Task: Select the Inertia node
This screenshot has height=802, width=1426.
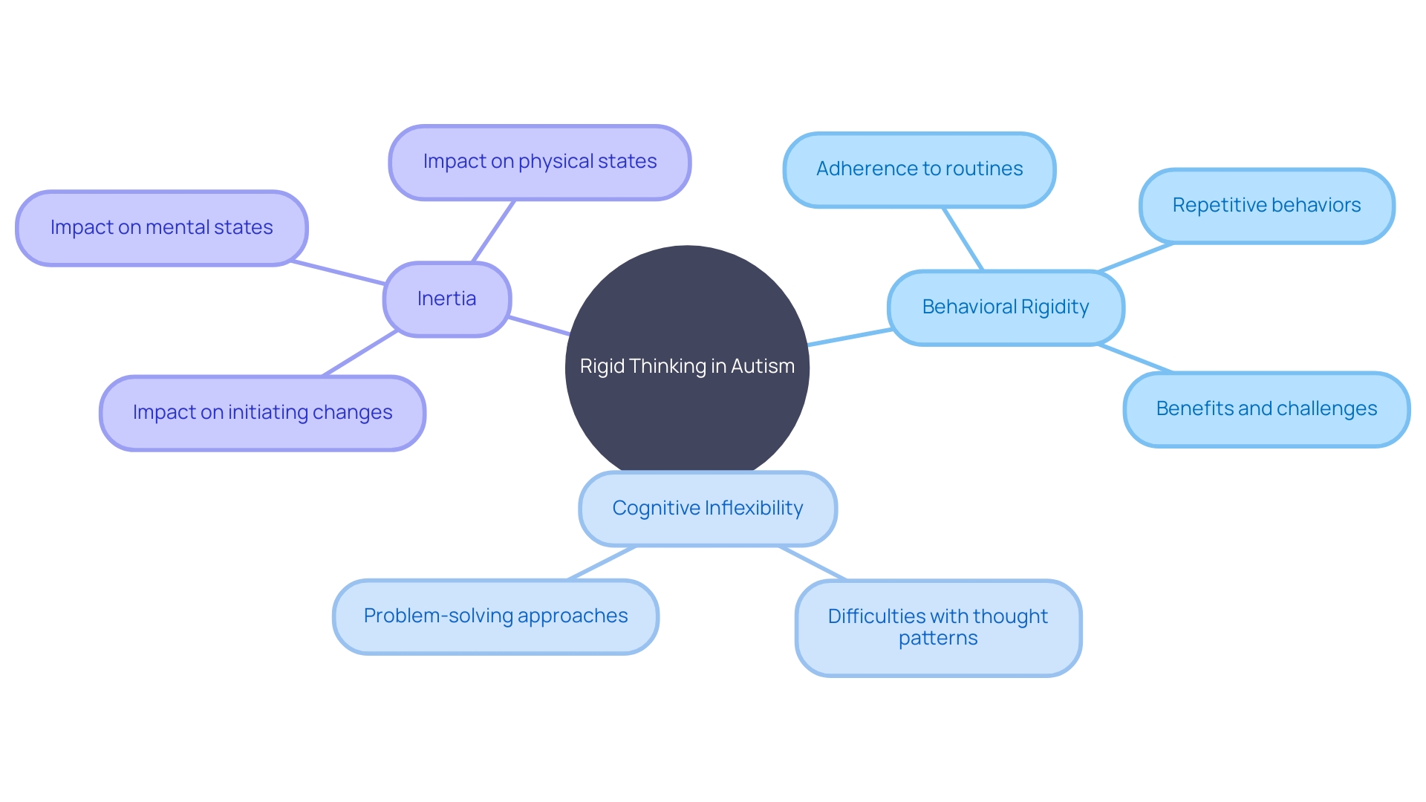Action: (446, 299)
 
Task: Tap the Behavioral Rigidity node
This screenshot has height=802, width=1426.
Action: (1006, 307)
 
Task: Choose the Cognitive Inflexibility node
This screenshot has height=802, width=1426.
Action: (707, 508)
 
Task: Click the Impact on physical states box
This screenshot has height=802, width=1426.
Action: (540, 162)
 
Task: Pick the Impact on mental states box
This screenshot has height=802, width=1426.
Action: (161, 227)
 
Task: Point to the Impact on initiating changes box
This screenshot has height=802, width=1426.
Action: (262, 412)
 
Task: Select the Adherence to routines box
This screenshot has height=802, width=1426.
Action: (919, 169)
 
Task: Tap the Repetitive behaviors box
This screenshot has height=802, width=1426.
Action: (1266, 206)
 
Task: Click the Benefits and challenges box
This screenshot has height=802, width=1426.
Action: (1266, 408)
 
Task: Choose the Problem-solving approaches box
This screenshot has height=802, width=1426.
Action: (495, 616)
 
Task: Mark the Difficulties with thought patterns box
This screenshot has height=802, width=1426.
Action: (938, 627)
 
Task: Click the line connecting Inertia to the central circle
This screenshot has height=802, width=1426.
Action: (539, 326)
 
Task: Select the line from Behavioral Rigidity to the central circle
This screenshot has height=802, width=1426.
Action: (850, 337)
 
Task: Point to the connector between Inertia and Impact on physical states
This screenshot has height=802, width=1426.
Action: (494, 231)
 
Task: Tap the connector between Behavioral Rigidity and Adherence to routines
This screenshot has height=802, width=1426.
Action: (963, 239)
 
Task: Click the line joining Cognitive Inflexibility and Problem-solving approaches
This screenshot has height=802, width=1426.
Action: (602, 563)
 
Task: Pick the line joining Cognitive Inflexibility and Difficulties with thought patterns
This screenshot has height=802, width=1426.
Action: (813, 563)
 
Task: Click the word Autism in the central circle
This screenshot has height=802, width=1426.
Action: (763, 366)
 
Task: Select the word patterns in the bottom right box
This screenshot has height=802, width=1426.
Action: (938, 639)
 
